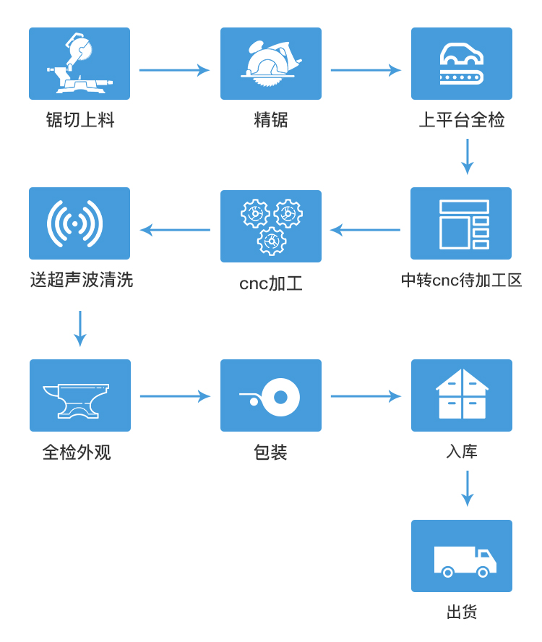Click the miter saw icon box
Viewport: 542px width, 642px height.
tap(79, 64)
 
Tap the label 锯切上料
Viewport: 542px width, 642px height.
tap(80, 120)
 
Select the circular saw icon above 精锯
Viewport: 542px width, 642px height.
tap(271, 64)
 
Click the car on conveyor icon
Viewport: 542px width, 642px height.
tap(462, 64)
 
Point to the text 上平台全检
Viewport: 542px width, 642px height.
tap(462, 120)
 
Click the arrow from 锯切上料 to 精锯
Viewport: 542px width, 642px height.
tap(174, 70)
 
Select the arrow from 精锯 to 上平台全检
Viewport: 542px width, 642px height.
tap(366, 70)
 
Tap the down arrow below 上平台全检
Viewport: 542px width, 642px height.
tap(468, 156)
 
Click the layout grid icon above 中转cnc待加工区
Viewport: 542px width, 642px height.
tap(461, 223)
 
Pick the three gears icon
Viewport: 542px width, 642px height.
tap(271, 226)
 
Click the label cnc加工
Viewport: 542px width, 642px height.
tap(271, 283)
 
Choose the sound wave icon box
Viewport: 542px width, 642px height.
tap(79, 223)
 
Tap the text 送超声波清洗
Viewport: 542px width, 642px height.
tap(82, 280)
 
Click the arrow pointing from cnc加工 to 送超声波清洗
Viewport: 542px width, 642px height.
tap(175, 230)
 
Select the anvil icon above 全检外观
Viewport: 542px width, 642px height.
tap(80, 395)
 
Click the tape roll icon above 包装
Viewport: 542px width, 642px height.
tap(271, 395)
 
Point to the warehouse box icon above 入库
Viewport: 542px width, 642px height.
tap(462, 395)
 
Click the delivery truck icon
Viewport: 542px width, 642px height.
tap(462, 556)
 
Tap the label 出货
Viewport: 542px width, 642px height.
tap(462, 612)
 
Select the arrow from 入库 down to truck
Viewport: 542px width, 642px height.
tap(468, 488)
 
